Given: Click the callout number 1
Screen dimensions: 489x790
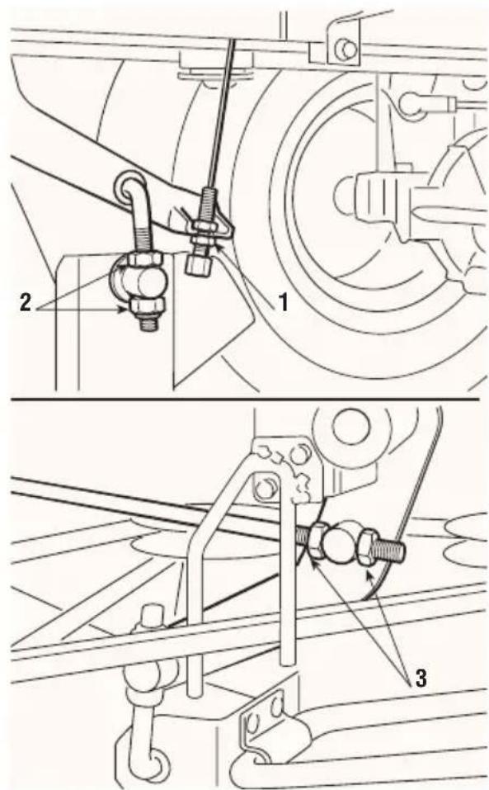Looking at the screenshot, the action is pos(284,303).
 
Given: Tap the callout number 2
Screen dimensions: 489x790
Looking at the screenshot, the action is pos(26,302).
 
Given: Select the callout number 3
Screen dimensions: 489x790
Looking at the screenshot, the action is pos(421,679).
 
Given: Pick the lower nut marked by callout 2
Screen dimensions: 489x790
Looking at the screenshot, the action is pos(147,305).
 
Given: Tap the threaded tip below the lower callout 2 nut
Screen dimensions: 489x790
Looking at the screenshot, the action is pos(149,322).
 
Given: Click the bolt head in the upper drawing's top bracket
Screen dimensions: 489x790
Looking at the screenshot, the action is pos(346,49).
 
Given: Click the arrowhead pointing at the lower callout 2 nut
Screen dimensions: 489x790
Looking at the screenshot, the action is pos(123,310).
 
